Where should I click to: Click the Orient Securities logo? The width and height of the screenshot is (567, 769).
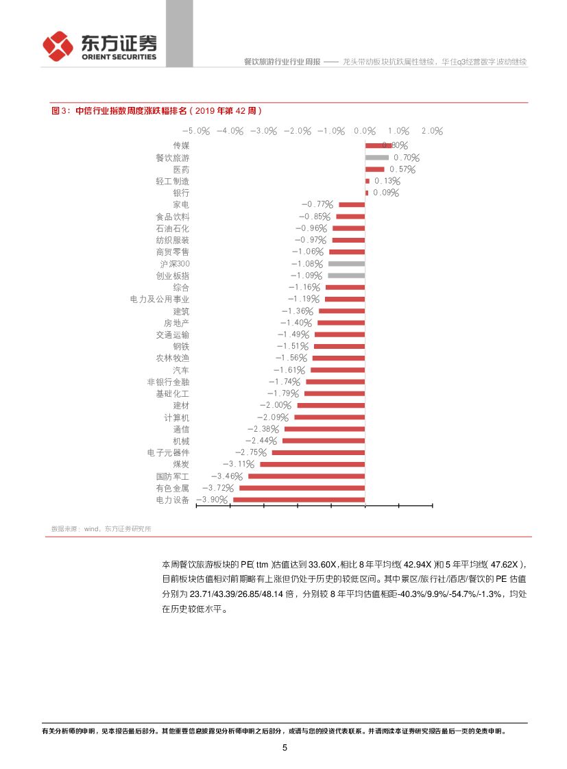pos(99,47)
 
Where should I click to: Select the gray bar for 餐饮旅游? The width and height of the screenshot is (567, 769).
pos(376,158)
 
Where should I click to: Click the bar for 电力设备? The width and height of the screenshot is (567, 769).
pos(299,500)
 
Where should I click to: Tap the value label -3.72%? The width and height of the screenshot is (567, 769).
pos(219,488)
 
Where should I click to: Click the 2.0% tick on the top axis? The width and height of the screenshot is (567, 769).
pos(433,131)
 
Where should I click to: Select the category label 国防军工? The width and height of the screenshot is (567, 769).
pos(172,476)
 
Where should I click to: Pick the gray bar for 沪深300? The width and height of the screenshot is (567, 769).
pos(346,264)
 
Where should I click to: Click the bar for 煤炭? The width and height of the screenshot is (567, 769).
pos(312,465)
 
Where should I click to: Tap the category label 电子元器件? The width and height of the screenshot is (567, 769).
pos(168,453)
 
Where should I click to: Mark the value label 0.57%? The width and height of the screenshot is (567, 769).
pos(402,169)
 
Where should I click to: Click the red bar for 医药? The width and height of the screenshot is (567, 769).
pos(374,169)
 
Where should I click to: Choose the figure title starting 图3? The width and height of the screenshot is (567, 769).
pos(156,110)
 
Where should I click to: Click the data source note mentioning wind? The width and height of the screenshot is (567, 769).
pos(101,528)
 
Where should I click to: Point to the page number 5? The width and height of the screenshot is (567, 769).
pos(285,748)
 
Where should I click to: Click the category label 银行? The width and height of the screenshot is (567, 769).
pos(181,193)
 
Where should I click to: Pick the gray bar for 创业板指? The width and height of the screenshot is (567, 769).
pos(346,276)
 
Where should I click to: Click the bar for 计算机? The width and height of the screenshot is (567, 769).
pos(329,417)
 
